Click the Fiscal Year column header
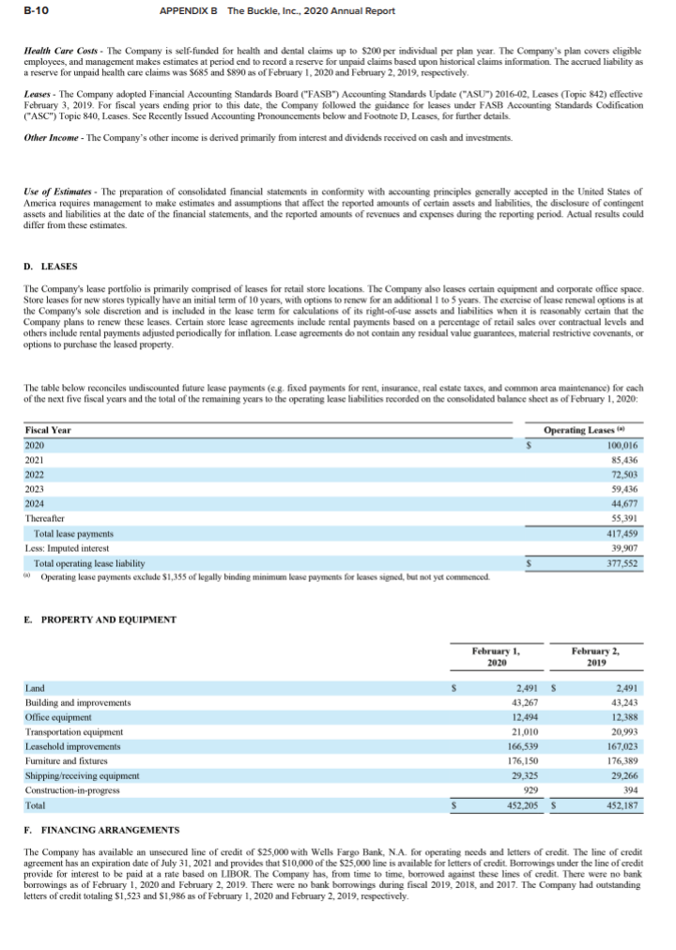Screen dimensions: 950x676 tap(49, 430)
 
